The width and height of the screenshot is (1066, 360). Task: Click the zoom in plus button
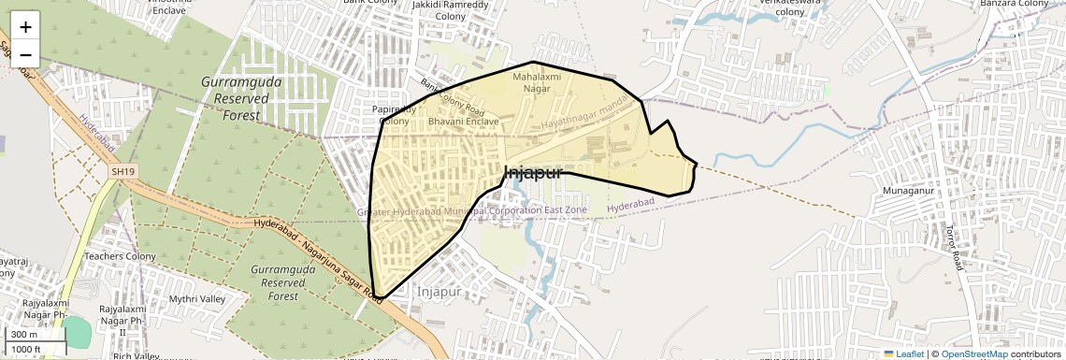(25, 28)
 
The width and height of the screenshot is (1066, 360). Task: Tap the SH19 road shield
(123, 172)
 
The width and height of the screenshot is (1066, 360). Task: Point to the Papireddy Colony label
(394, 114)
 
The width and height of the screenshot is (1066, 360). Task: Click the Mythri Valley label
(197, 298)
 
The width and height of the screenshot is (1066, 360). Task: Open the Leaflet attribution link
(903, 353)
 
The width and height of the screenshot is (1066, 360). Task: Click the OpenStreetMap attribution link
(973, 353)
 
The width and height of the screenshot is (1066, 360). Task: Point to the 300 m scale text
(24, 335)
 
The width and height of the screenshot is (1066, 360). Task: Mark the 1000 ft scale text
(26, 349)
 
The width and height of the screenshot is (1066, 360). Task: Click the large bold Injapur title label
(533, 173)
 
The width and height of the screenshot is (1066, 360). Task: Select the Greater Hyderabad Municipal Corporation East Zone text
(472, 211)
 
